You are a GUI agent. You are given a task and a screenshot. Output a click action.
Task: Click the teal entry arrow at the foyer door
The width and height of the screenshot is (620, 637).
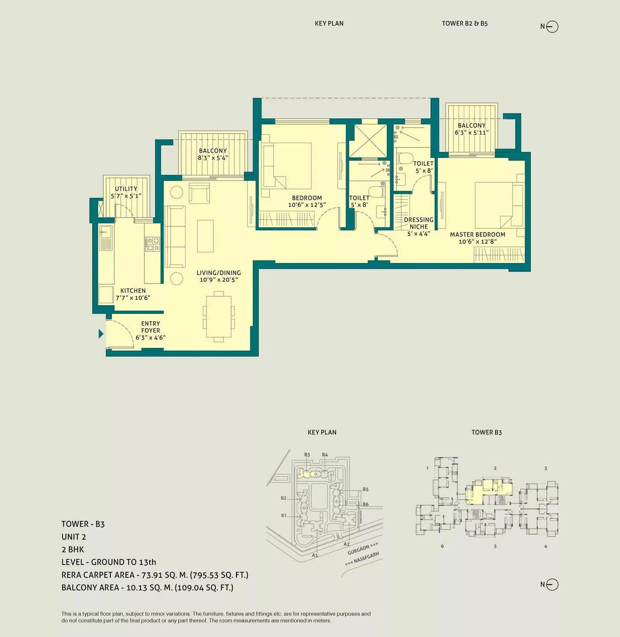point(101,333)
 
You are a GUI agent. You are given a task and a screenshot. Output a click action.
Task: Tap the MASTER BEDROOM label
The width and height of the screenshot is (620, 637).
point(477,235)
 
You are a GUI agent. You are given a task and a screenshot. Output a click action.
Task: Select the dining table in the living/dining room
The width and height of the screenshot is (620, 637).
point(219,316)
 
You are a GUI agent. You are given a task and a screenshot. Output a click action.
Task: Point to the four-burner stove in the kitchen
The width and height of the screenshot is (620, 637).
point(152,244)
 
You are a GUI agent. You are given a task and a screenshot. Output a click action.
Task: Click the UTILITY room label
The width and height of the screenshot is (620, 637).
point(126,189)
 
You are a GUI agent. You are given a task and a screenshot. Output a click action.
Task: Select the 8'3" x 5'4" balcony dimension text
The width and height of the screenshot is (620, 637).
point(212,158)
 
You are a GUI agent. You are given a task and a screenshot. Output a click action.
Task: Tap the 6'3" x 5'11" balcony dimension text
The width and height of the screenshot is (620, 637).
point(472,132)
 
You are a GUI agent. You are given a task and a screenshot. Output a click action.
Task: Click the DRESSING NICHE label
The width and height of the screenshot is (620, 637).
point(419,223)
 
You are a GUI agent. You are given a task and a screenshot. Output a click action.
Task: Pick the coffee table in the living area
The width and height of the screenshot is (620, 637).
point(205,236)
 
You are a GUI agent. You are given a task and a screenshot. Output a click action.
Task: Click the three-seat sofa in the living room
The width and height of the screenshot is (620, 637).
point(175,236)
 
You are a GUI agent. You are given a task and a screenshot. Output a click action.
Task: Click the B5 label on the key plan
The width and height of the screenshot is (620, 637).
point(365,489)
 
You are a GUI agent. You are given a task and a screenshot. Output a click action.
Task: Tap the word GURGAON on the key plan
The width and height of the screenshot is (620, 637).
point(358,550)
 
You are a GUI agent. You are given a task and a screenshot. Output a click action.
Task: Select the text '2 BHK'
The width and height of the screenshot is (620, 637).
point(73,549)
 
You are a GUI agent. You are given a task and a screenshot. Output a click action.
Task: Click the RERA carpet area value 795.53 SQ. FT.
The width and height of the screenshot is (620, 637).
point(219,575)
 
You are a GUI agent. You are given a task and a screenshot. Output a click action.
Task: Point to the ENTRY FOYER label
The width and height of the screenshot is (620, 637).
point(150,327)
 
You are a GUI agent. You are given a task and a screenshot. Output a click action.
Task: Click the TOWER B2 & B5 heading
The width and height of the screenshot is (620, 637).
point(465,24)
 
